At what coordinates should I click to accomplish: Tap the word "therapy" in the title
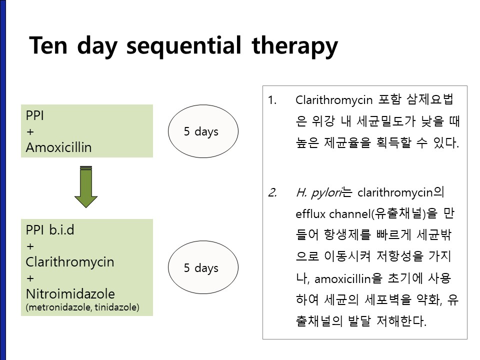coord(295,46)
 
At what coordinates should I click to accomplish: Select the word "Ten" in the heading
coord(48,45)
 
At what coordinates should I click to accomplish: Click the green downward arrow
coord(86,187)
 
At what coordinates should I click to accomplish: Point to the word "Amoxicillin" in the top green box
coord(59,147)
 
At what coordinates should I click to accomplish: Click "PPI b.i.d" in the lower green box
coord(50,230)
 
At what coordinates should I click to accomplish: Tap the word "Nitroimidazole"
coord(70,294)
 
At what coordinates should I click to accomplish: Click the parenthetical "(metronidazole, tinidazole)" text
coord(82,307)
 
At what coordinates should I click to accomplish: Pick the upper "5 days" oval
coord(203,131)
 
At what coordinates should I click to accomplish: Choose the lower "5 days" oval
coord(203,267)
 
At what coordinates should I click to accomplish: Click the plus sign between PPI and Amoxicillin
coord(30,132)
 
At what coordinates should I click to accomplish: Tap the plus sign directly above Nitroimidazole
coord(30,278)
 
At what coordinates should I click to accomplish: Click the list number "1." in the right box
coord(272,100)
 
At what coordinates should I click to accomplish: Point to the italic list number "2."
coord(272,192)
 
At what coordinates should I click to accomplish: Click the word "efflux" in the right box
coord(310,214)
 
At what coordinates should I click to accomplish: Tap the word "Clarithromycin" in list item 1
coord(334,100)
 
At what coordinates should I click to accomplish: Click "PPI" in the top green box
coord(35,115)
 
